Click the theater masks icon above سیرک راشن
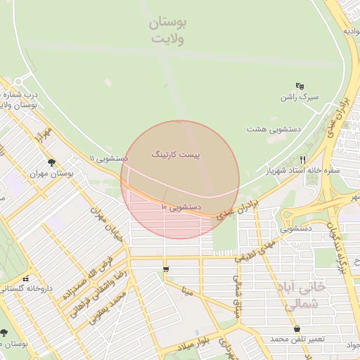pos(300,85)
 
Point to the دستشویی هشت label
pos(274,129)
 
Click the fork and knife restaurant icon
pos(303,160)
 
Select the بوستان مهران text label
pos(51,172)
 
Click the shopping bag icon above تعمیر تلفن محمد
pos(297,328)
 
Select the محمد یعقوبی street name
pos(108,307)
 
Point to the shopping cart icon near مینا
pos(166,269)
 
